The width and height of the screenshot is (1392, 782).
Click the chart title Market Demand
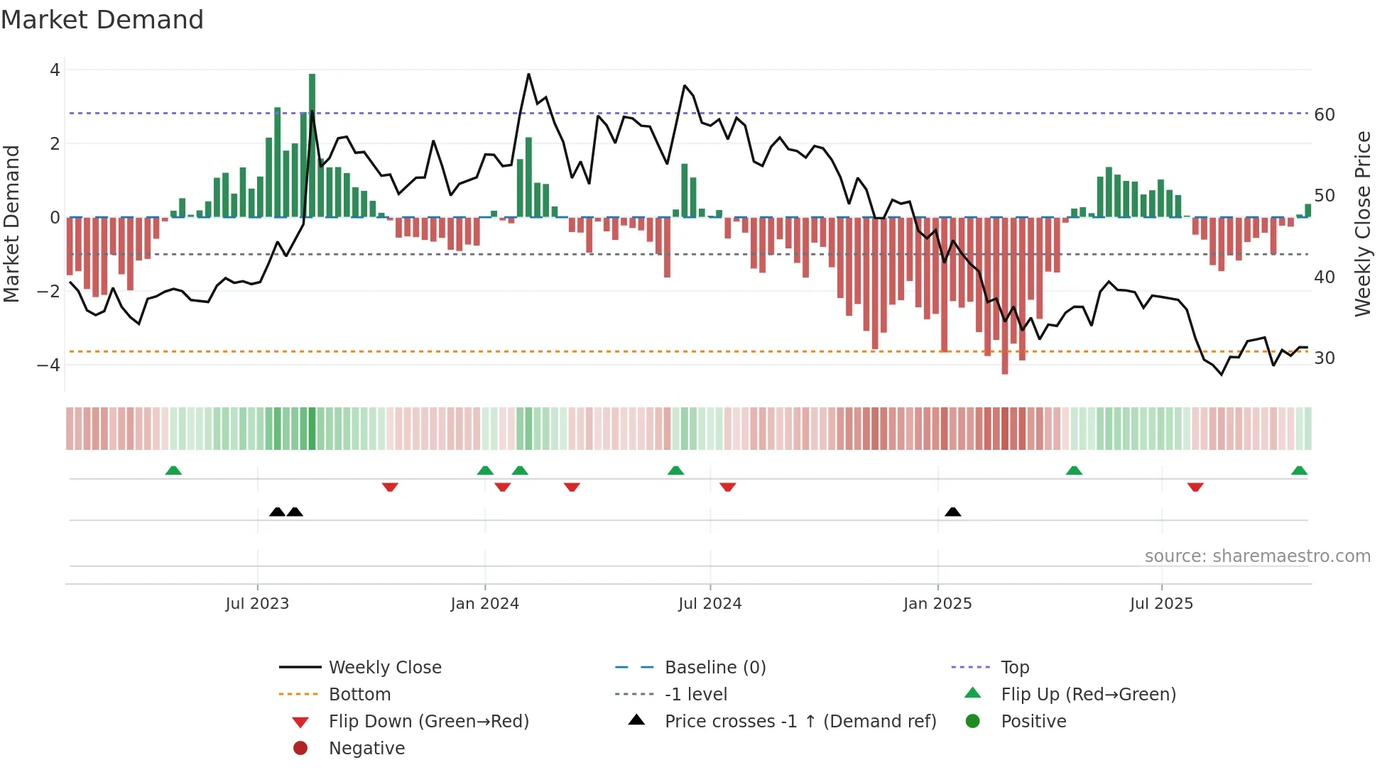(x=102, y=20)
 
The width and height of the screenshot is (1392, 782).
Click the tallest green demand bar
(x=312, y=145)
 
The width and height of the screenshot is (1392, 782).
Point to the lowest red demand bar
(x=1005, y=295)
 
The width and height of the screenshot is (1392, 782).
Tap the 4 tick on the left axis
(x=55, y=70)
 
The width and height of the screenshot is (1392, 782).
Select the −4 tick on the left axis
(x=49, y=365)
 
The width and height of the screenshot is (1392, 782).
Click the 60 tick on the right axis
(x=1325, y=115)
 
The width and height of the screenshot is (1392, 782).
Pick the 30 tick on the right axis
(x=1325, y=358)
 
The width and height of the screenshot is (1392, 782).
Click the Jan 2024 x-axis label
(x=485, y=604)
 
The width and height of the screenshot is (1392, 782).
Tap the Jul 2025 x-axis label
(x=1162, y=604)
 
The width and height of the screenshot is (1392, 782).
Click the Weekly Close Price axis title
(x=1362, y=224)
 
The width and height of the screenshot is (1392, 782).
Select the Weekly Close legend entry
(x=385, y=668)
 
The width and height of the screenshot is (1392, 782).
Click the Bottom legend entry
(x=359, y=695)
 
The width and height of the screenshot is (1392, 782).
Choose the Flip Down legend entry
(x=428, y=722)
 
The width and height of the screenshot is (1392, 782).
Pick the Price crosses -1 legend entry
(x=800, y=722)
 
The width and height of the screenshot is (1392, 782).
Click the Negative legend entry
(x=366, y=749)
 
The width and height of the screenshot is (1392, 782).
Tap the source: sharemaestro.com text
(x=1257, y=556)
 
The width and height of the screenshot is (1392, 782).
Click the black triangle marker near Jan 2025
(x=953, y=512)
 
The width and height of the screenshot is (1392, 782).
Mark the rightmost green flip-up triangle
(x=1299, y=470)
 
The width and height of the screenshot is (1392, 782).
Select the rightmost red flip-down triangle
(x=1195, y=487)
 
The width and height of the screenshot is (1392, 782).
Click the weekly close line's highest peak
(x=528, y=75)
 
